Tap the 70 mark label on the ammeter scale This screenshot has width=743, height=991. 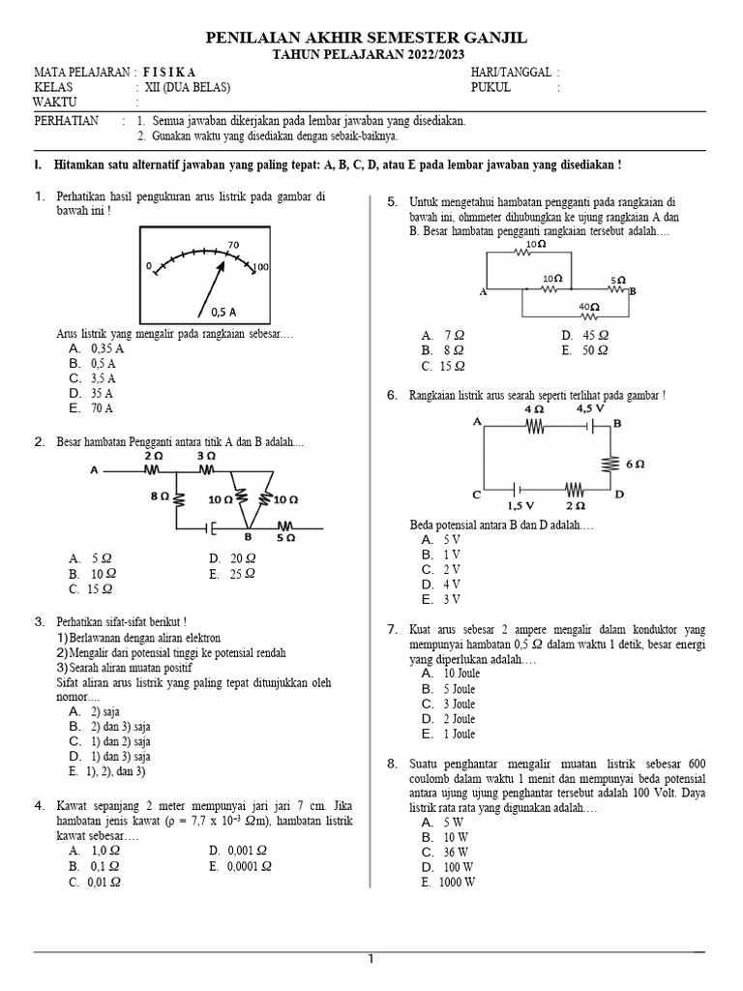(233, 245)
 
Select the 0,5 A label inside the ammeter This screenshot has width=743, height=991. (223, 312)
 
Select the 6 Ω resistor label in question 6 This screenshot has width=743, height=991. (635, 464)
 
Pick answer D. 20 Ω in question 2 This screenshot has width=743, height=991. (232, 558)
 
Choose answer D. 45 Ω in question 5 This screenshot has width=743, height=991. (584, 335)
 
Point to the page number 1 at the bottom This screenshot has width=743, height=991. (370, 959)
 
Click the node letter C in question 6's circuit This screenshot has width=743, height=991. (477, 495)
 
